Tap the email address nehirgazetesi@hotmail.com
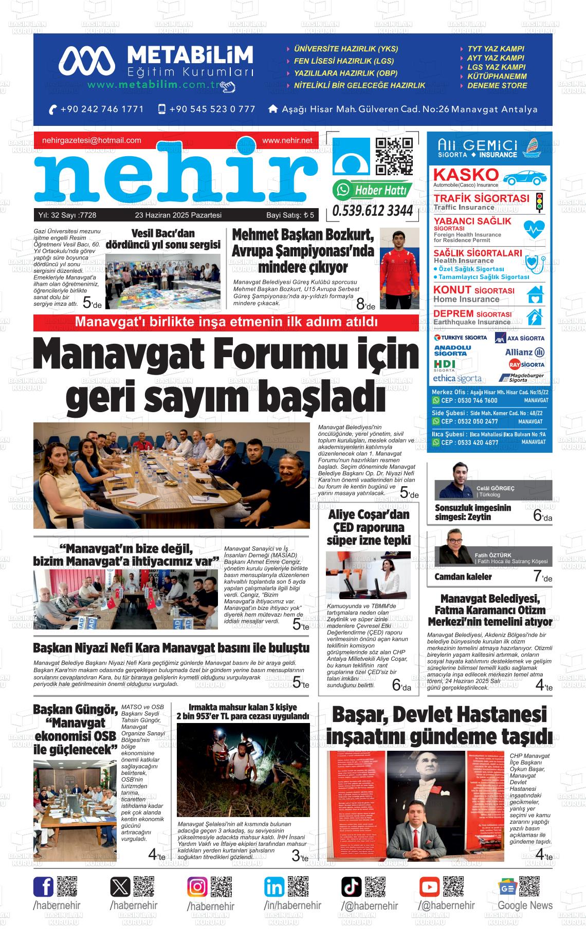[91, 140]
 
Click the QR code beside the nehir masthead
[394, 156]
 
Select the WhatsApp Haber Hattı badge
[373, 190]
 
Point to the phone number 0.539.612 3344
[373, 211]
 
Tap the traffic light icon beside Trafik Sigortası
[539, 202]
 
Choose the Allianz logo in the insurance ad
[525, 352]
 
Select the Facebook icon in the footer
[44, 887]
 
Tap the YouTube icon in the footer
[429, 887]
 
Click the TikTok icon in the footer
[352, 887]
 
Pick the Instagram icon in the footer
[197, 887]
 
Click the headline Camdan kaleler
[463, 577]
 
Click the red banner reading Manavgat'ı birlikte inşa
[226, 322]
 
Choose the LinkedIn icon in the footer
[274, 887]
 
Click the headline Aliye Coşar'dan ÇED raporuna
[369, 527]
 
